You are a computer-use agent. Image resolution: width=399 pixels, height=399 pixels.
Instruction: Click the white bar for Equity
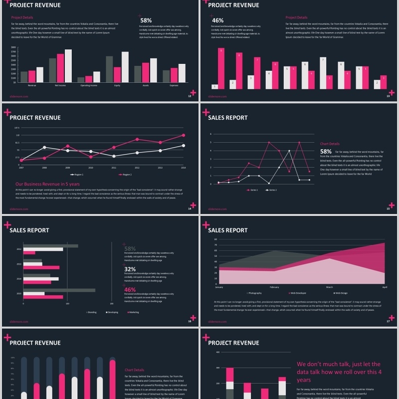coord(125,67)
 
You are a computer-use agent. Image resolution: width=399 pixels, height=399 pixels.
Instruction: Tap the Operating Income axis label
coord(89,85)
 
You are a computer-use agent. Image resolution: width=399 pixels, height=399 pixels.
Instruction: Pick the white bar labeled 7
coord(323,73)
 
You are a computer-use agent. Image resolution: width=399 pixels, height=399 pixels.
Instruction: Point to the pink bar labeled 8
coord(239,70)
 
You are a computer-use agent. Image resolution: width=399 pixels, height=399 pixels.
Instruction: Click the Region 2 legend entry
coord(125,175)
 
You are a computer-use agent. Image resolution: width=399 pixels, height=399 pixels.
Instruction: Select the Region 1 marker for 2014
coord(184,146)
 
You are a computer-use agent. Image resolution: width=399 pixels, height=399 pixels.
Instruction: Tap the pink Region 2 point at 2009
coord(67,146)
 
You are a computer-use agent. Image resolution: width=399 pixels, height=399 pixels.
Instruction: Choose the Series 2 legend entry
coord(272,190)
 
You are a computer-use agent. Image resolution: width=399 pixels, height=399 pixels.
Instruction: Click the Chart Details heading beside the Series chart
coord(330,144)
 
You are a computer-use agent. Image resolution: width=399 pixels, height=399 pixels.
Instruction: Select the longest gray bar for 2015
coord(59,290)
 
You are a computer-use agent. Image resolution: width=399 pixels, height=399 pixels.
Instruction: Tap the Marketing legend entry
coord(133,312)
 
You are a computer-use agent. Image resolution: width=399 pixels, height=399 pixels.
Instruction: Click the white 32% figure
coord(130,269)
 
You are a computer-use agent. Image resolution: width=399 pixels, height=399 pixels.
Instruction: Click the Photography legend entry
coord(254,293)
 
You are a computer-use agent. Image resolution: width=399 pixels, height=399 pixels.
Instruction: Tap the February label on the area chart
coord(274,287)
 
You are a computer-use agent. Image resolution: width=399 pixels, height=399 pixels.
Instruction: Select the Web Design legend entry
coord(341,293)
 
